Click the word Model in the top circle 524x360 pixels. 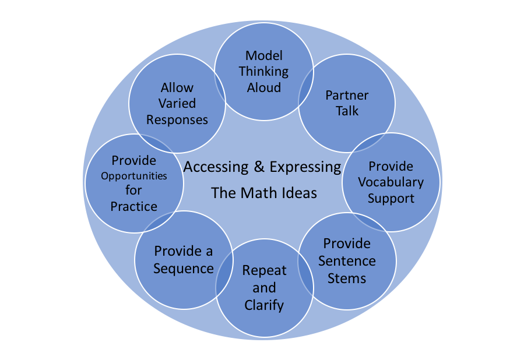264,55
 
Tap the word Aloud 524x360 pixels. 264,87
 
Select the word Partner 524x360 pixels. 347,95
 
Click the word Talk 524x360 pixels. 347,110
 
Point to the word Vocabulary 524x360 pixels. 391,182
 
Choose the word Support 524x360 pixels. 391,198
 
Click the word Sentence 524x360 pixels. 347,260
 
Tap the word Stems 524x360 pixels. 347,278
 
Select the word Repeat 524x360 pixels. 265,271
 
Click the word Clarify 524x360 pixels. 265,304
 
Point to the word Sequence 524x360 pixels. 184,269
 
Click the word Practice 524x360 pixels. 134,206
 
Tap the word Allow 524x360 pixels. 177,88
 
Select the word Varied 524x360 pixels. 177,104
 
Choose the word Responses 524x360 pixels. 177,120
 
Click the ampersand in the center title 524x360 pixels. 259,168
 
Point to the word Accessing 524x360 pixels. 216,168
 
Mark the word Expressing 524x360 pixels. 305,168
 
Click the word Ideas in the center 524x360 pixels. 297,193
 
